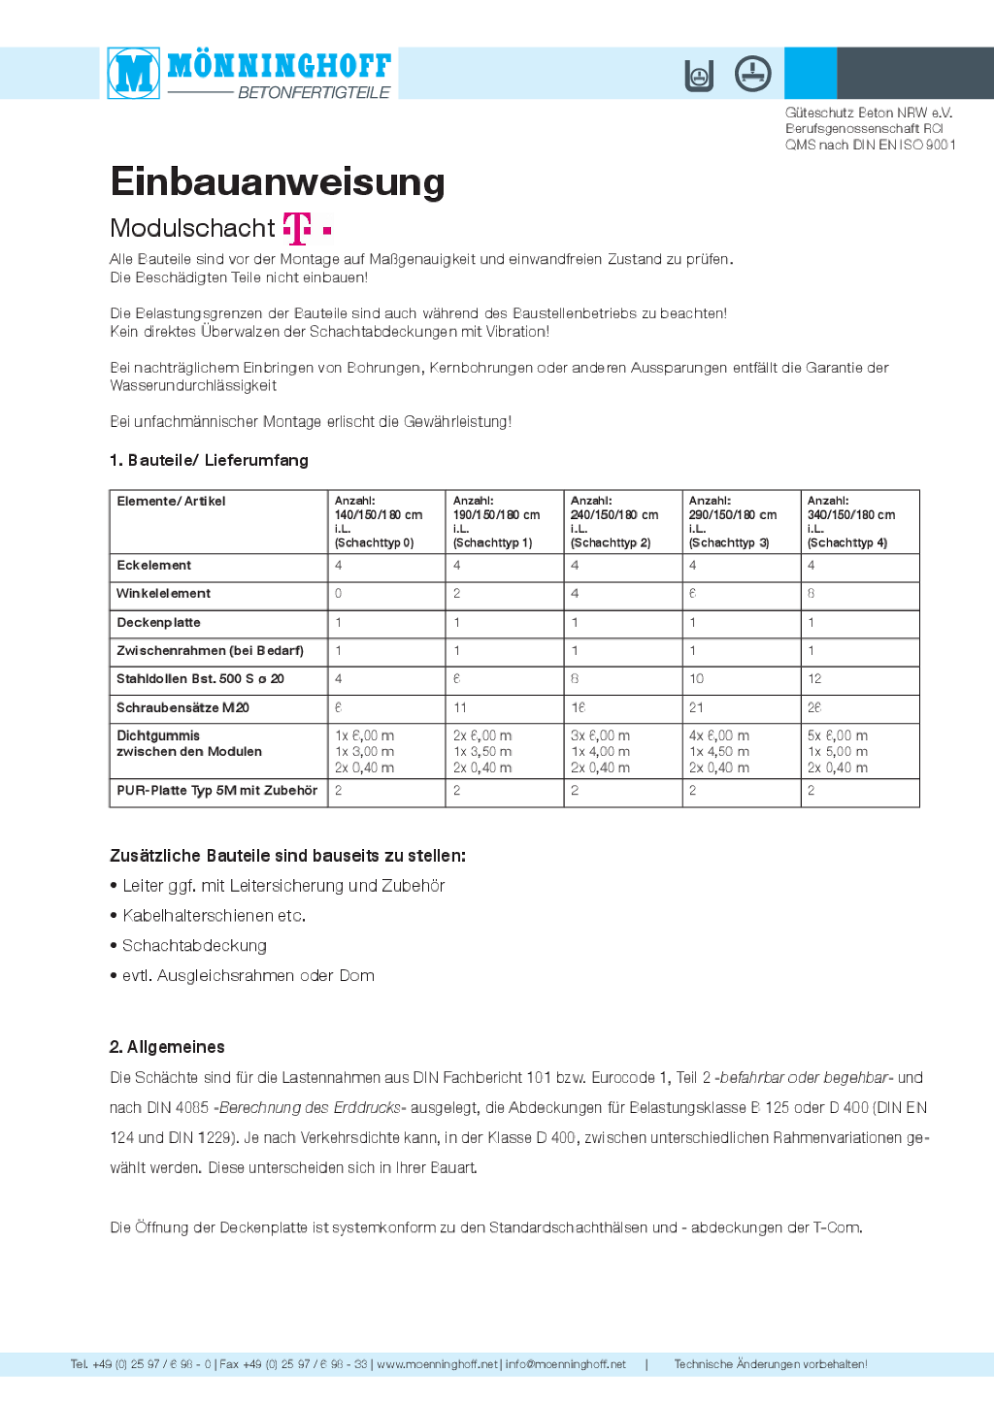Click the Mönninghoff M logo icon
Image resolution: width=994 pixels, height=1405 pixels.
coord(134,73)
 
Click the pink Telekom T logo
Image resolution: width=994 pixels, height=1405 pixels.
coord(297,228)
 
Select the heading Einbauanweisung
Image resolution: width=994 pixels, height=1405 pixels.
coord(278,182)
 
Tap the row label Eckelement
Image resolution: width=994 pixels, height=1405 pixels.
coord(154,566)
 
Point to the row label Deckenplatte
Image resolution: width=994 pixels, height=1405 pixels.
coord(158,623)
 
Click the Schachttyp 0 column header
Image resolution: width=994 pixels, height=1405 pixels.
coord(379,522)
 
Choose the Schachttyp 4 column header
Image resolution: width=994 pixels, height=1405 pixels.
coord(851,522)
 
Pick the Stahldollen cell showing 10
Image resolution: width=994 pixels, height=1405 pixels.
coord(697,679)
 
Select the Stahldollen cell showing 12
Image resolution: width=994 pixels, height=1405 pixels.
coord(814,679)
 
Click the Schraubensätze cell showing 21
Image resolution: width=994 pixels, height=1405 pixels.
coord(697,708)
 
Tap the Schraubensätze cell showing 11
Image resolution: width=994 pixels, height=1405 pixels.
coord(460,708)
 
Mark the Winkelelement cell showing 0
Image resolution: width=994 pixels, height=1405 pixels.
coord(339,594)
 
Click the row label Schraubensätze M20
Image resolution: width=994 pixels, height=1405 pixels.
coord(182,708)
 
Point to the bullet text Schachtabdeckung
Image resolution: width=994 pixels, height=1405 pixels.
coord(194,946)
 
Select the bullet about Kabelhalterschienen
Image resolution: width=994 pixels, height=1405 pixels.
coord(214,916)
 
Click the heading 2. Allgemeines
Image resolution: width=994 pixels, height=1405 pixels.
coord(167,1047)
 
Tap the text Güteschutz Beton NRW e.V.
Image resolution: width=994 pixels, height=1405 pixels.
coord(869,113)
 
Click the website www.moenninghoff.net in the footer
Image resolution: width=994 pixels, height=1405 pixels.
coord(437,1364)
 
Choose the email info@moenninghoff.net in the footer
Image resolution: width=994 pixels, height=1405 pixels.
coord(566,1364)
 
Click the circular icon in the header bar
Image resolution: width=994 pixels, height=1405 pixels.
coord(752,74)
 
